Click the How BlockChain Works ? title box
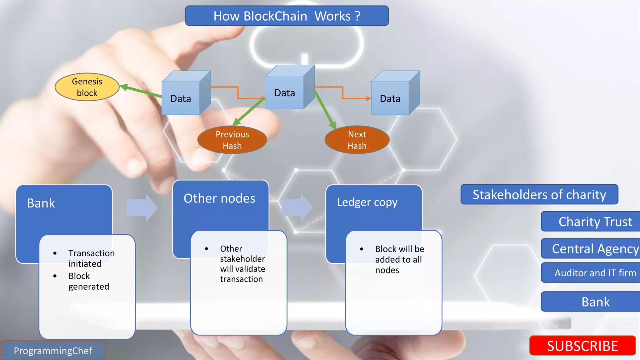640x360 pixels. [287, 16]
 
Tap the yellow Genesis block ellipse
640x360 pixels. [87, 87]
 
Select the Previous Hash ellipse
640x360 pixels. [232, 140]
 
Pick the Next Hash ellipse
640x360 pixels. [357, 140]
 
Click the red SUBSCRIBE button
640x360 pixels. [582, 346]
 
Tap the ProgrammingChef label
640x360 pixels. [53, 351]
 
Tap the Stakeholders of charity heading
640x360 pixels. [539, 194]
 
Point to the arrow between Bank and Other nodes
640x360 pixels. [142, 207]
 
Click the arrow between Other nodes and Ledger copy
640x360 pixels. [297, 207]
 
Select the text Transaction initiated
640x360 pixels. [91, 258]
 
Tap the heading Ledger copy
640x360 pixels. [367, 202]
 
